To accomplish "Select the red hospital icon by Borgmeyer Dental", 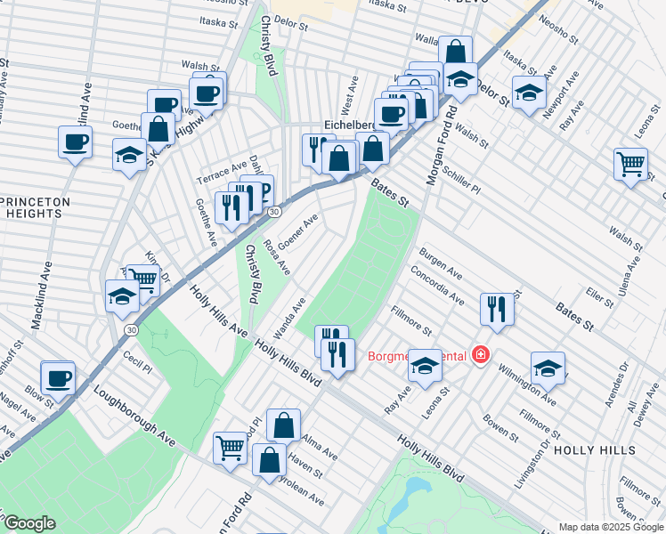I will pyautogui.click(x=481, y=356).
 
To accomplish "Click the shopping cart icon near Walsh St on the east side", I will pyautogui.click(x=630, y=164).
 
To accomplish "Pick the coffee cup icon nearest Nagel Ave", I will pyautogui.click(x=59, y=377).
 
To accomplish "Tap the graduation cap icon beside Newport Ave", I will pyautogui.click(x=528, y=93).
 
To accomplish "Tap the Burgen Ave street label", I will pyautogui.click(x=441, y=262).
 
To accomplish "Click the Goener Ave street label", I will pyautogui.click(x=297, y=232).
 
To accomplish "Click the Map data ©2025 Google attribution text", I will pyautogui.click(x=611, y=526).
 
